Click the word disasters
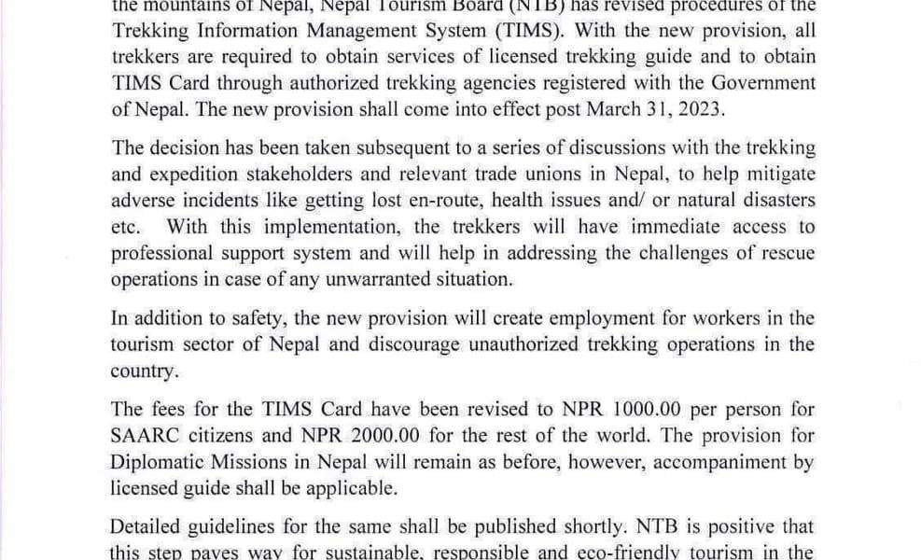click(775, 201)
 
